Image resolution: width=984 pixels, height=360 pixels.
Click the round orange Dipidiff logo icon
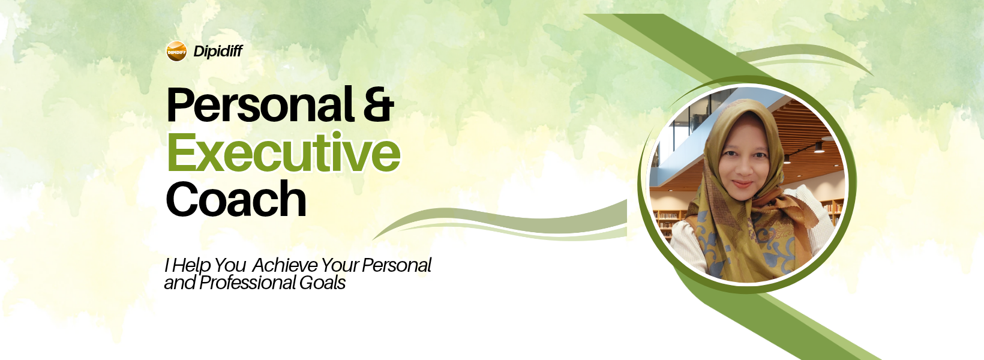pos(176,52)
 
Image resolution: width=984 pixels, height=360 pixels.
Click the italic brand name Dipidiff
pos(218,52)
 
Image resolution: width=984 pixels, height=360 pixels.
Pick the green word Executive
pos(283,152)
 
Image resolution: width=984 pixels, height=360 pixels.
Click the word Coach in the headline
pos(236,199)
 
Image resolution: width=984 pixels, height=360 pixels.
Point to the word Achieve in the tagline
pos(285,265)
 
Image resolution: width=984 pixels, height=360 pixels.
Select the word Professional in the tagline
pos(247,283)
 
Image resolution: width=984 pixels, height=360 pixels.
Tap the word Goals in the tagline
pos(322,283)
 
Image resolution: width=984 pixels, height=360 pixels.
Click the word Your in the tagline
pos(340,265)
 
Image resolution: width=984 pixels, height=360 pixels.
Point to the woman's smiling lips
pos(743,184)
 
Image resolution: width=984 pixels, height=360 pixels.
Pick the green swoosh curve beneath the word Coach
pos(501,222)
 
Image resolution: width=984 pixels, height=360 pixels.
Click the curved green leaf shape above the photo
pos(804,55)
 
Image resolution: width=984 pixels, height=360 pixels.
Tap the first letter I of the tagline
pos(167,265)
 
